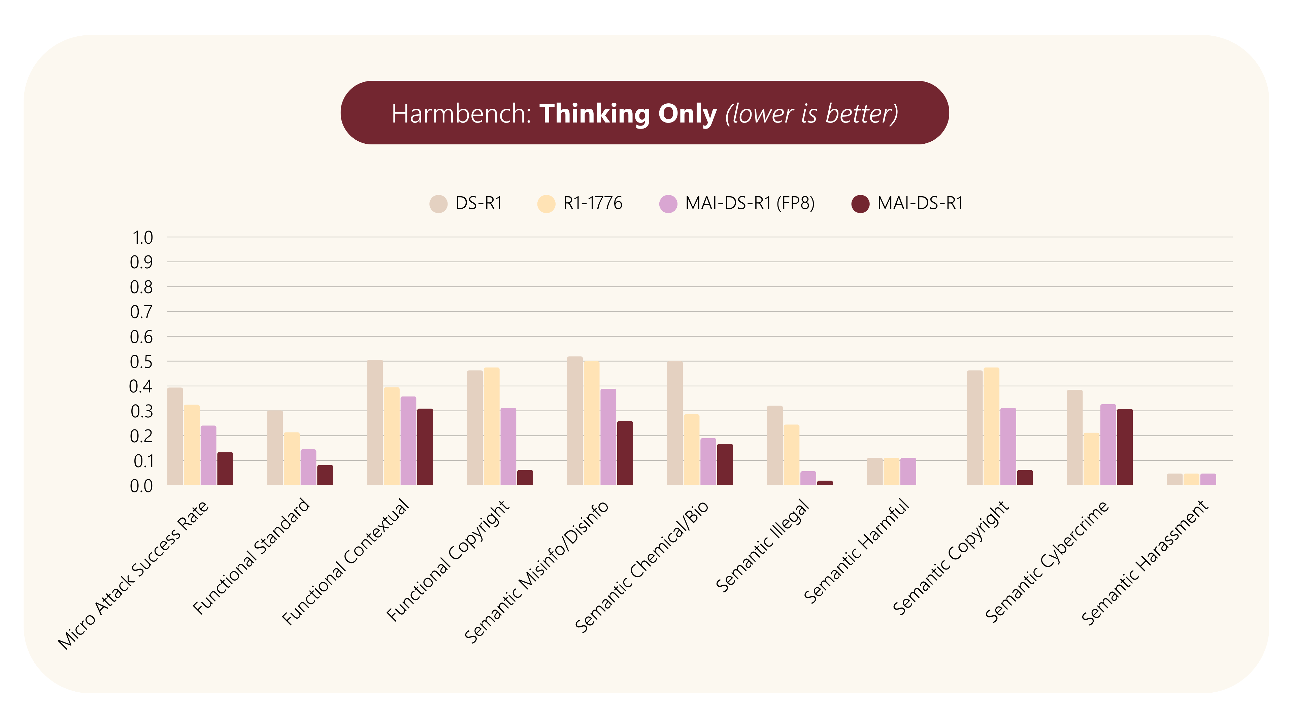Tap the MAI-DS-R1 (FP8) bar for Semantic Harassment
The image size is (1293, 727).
tap(1208, 479)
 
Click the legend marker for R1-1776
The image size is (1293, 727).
tap(546, 204)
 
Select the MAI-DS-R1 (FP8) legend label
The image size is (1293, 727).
tap(750, 203)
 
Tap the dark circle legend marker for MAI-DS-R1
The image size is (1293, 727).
tap(860, 204)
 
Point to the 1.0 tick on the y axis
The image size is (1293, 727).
tap(142, 237)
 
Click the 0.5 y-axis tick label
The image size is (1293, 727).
tap(141, 362)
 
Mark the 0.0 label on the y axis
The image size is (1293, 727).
tap(141, 486)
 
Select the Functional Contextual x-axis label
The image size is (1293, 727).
tap(346, 562)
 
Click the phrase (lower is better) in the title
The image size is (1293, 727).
tap(811, 113)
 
